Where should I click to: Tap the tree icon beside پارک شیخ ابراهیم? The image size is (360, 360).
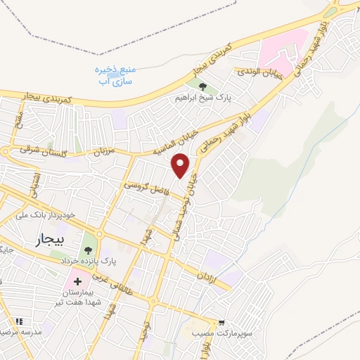click(x=202, y=87)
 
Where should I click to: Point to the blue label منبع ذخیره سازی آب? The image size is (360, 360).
click(x=116, y=75)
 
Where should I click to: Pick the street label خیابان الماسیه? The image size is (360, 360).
click(x=176, y=143)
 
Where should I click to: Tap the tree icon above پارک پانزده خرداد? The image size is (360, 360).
click(x=89, y=250)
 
